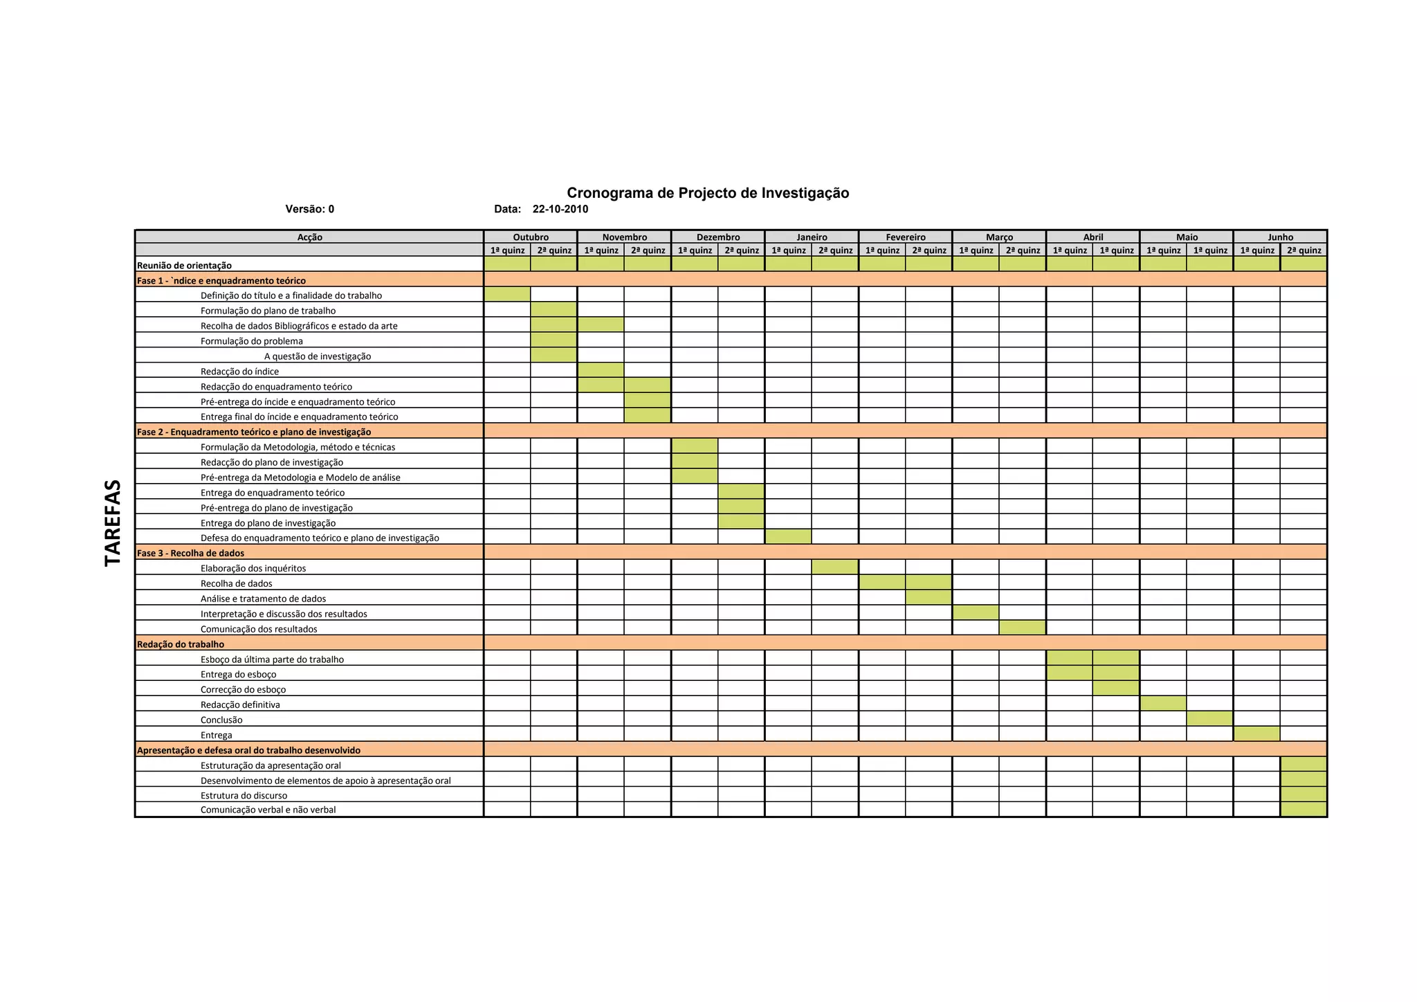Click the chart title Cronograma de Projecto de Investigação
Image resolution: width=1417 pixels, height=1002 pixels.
coord(708,193)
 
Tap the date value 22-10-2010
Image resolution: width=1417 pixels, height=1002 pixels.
coord(560,209)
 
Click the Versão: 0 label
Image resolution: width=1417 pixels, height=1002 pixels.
coord(309,209)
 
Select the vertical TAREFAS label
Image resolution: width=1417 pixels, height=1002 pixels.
coord(113,523)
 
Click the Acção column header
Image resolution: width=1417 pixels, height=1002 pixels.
coord(309,237)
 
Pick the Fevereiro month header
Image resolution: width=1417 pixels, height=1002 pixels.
coord(905,237)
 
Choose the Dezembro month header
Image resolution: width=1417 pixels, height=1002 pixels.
coord(717,237)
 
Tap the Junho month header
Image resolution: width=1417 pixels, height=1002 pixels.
coord(1280,237)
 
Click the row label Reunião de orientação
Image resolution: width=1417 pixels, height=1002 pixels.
coord(184,265)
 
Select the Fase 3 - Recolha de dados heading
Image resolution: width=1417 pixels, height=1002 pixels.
coord(190,553)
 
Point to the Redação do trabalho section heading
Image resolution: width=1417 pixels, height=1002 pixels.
coord(181,644)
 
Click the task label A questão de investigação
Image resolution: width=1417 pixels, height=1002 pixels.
coord(318,356)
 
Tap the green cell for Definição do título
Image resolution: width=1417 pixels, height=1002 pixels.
coord(507,295)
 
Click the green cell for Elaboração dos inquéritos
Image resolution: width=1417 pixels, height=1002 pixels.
coord(834,567)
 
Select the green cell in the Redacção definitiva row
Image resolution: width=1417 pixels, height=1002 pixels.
coord(1162,704)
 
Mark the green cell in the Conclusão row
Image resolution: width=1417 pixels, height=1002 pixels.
coord(1209,719)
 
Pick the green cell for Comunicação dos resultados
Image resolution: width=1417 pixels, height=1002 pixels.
coord(1022,628)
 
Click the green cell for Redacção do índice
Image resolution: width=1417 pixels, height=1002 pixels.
coord(601,371)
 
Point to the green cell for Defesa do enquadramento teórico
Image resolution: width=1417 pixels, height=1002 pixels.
coord(788,537)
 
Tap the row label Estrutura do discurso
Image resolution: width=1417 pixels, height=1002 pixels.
coord(244,795)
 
